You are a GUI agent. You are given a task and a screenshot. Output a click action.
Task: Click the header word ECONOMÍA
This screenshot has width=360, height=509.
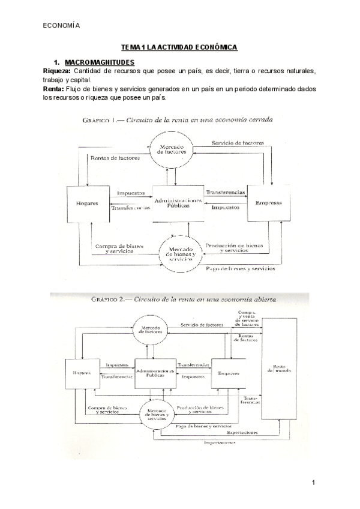[61, 25]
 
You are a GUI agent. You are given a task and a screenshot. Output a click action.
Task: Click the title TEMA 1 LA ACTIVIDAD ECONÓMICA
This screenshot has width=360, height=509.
[179, 47]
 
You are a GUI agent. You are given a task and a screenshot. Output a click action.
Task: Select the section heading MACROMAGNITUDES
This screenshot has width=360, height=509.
[99, 62]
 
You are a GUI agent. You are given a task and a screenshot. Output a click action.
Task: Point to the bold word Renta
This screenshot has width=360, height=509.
[54, 89]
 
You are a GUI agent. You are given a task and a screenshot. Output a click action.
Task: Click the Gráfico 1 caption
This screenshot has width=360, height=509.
[178, 120]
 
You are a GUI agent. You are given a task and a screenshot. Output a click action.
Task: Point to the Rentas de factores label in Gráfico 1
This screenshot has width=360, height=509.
[115, 158]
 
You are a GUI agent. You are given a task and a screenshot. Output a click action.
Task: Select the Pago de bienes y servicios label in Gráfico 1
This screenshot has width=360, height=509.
[241, 269]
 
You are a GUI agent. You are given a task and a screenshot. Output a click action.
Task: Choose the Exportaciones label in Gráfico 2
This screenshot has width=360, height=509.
[242, 432]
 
